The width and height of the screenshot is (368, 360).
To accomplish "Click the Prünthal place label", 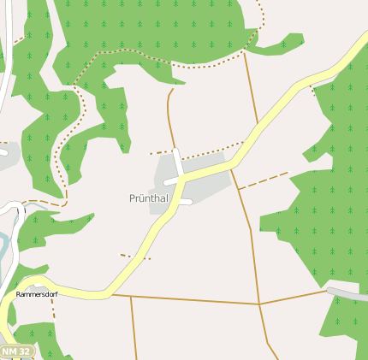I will pyautogui.click(x=148, y=198).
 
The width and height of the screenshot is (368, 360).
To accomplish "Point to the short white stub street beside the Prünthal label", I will pyautogui.click(x=181, y=203).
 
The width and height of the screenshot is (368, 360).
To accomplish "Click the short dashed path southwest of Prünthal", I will pyautogui.click(x=135, y=256).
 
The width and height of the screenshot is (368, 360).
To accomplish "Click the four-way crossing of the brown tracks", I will pyautogui.click(x=259, y=304).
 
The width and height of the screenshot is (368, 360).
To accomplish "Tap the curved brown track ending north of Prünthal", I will pyautogui.click(x=169, y=111).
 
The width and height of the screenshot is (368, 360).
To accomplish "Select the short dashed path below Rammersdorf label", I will pyautogui.click(x=52, y=309).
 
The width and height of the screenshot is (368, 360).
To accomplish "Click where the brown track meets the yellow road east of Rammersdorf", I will pyautogui.click(x=112, y=295).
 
